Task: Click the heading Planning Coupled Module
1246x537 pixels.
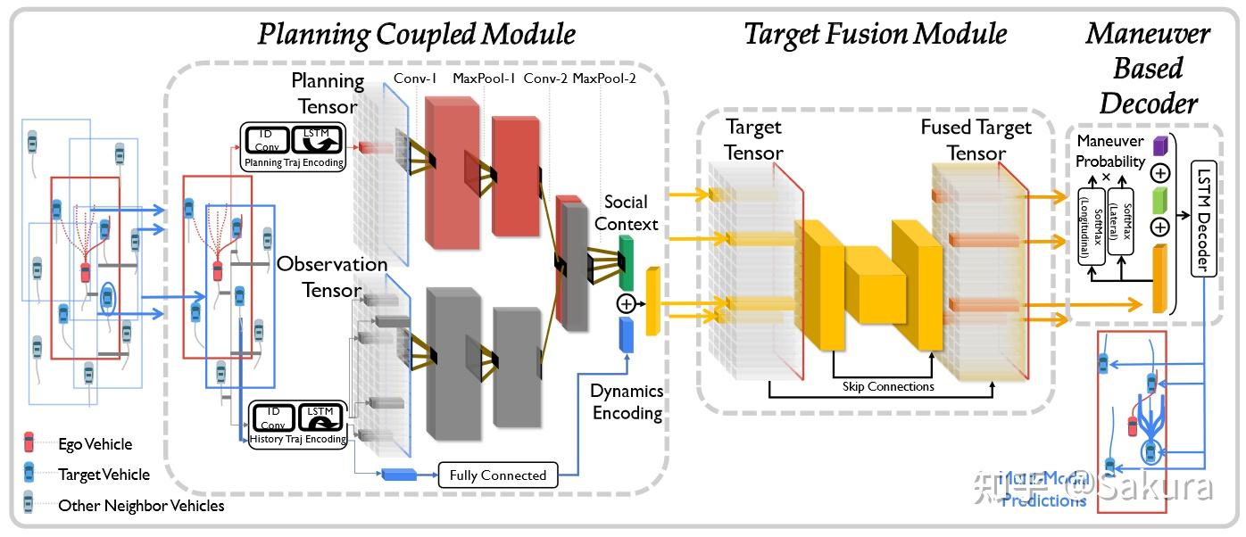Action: tap(416, 34)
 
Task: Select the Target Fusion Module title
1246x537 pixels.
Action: tap(875, 34)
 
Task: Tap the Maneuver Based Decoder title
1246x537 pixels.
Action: tap(1148, 69)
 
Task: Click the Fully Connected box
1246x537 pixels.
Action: tap(497, 475)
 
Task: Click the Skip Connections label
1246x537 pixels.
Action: tap(888, 386)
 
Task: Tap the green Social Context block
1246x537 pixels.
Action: tap(626, 261)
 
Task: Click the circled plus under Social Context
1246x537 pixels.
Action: tap(626, 304)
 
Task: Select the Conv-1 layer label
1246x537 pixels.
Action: tap(415, 78)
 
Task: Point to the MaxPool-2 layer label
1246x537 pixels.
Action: tap(604, 78)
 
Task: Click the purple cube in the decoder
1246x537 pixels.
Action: tap(1160, 145)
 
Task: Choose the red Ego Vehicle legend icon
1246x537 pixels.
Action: tap(29, 442)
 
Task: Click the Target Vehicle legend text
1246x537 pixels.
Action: tap(104, 475)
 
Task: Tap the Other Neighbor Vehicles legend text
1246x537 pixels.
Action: tap(141, 506)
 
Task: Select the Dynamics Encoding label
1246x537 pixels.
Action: tap(627, 401)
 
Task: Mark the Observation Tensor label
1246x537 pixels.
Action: tap(332, 277)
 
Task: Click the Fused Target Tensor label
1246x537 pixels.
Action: tap(976, 140)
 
